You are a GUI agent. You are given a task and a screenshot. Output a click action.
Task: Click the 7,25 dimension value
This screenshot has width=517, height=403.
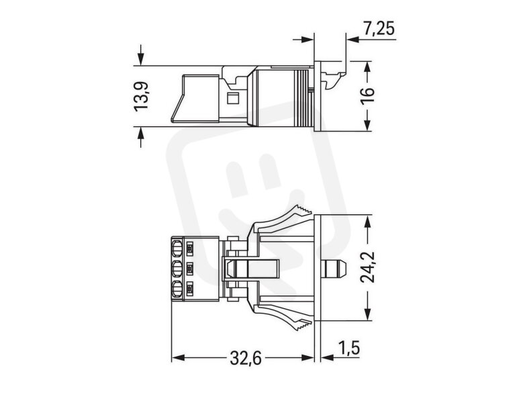coord(379,28)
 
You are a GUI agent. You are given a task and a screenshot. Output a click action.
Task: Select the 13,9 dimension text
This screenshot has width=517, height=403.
coord(142,96)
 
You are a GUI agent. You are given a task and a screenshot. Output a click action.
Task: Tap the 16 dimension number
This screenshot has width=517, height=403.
coord(367,95)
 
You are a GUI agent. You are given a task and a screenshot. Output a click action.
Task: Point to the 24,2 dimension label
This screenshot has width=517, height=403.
coord(367,267)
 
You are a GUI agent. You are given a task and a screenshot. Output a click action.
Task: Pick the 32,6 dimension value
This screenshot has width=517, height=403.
coord(246,358)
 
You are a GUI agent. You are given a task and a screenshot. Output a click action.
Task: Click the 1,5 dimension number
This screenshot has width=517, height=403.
coord(349,349)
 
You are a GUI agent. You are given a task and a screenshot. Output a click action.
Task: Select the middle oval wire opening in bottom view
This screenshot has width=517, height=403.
coord(177,269)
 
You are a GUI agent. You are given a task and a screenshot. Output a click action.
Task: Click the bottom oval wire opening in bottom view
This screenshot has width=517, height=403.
coord(177,289)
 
